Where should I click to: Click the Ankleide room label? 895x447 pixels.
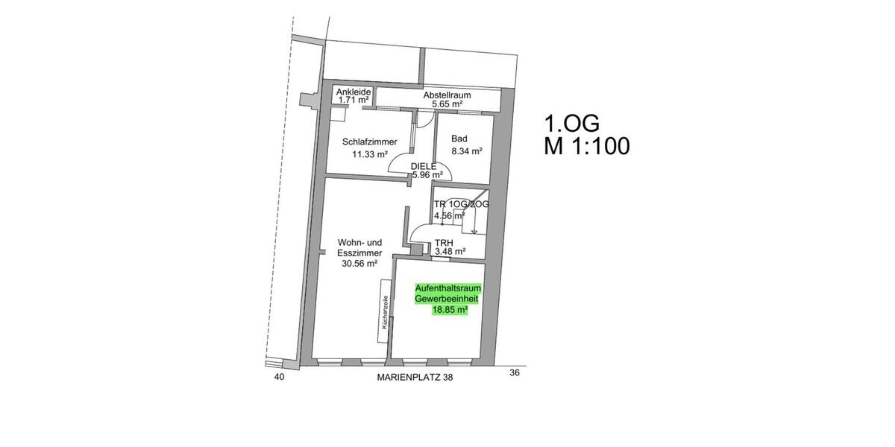[354, 92]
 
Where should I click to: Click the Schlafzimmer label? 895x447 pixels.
[369, 142]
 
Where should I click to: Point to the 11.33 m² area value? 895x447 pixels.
[369, 155]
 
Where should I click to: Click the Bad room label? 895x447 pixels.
[459, 139]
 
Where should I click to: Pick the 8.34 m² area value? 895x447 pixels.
[466, 151]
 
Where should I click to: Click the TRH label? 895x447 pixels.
[445, 242]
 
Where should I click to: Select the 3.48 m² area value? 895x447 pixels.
[450, 252]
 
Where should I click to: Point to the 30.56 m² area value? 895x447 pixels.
[359, 263]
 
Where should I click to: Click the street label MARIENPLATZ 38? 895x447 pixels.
[415, 378]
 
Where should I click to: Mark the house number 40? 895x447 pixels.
[279, 378]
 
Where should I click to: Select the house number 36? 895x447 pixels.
[514, 372]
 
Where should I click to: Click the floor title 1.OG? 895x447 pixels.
[572, 122]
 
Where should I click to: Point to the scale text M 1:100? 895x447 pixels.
[587, 146]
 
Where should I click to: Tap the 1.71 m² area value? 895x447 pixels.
[354, 99]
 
